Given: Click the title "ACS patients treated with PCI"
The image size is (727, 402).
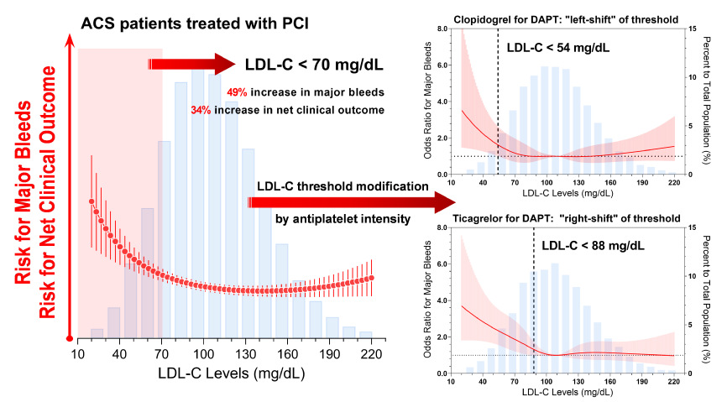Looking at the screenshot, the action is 195,23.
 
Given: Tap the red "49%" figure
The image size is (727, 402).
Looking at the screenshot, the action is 237,92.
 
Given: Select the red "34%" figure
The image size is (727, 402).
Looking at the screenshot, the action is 201,110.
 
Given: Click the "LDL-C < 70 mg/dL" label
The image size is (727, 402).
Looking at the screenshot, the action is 314,65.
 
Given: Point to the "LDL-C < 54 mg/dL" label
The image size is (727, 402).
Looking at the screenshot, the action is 558,47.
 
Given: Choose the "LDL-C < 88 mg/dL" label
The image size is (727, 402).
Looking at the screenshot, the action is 593,245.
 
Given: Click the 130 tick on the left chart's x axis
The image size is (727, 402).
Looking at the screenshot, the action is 246,354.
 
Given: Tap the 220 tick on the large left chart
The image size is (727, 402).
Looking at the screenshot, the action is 371,354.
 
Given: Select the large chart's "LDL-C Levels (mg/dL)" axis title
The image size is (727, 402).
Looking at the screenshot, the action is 232,373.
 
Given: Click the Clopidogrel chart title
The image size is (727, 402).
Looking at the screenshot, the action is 566,19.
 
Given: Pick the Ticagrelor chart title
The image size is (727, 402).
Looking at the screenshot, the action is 567,218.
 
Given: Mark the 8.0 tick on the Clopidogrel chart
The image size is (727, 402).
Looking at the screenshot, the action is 442,29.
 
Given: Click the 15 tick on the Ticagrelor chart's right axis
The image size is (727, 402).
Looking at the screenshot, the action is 693,227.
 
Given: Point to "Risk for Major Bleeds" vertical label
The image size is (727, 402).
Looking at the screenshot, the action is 24,191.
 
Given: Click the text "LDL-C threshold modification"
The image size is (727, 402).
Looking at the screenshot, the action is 343,186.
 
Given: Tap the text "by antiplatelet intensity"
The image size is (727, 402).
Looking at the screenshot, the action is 343,218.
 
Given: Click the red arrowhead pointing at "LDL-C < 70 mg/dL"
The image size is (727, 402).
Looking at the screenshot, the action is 225,64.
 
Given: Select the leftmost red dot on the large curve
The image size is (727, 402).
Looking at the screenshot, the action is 92,201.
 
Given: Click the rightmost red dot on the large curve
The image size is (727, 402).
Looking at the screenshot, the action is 371,278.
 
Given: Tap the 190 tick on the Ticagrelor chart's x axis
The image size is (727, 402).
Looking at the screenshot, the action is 642,382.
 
